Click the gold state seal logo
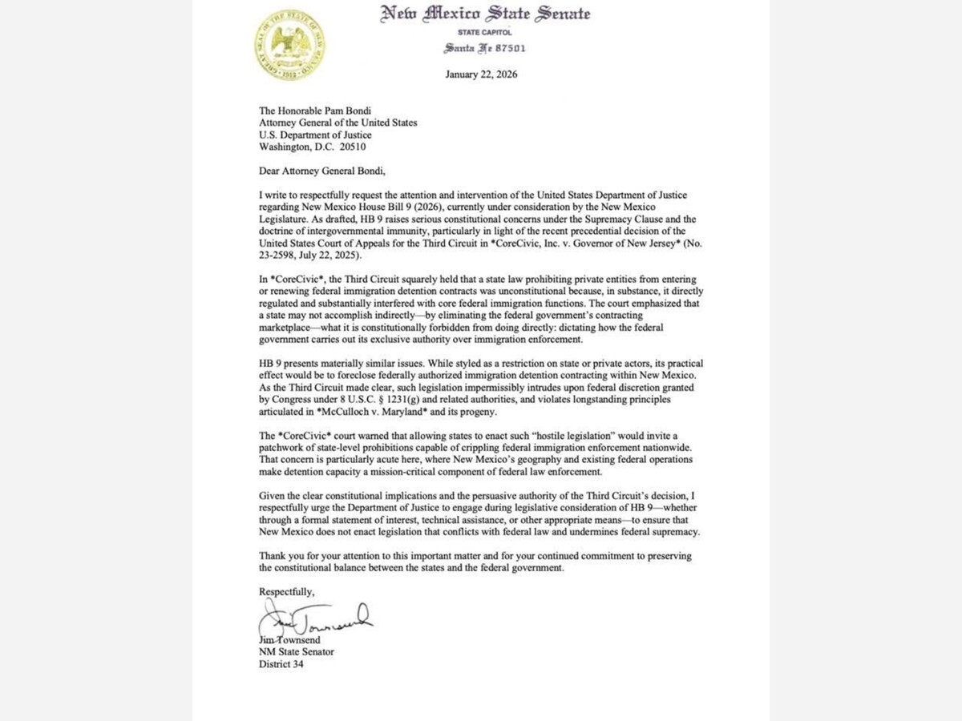[289, 46]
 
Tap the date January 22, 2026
[481, 75]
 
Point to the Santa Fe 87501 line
[485, 48]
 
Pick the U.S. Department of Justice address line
[315, 135]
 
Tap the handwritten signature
[317, 618]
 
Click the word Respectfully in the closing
[286, 591]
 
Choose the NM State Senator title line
[296, 652]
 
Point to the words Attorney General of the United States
[338, 123]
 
